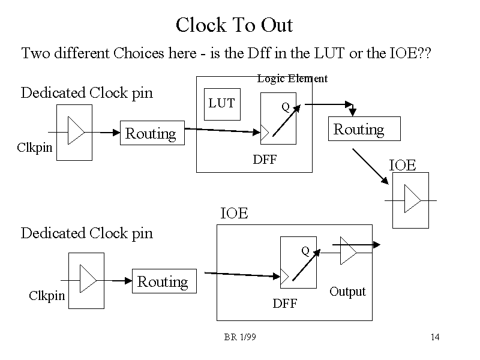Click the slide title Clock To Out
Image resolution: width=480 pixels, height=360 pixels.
pyautogui.click(x=234, y=25)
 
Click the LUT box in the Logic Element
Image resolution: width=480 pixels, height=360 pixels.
pyautogui.click(x=221, y=104)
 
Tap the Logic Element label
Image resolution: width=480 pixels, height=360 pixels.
pyautogui.click(x=292, y=79)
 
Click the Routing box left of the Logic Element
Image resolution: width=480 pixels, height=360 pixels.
pyautogui.click(x=151, y=133)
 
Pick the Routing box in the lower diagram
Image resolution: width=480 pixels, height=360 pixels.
pyautogui.click(x=163, y=281)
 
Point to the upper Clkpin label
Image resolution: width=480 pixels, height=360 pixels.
pyautogui.click(x=35, y=147)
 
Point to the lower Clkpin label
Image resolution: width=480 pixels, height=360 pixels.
pyautogui.click(x=47, y=295)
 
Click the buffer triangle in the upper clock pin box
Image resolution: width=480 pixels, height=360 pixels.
pyautogui.click(x=76, y=131)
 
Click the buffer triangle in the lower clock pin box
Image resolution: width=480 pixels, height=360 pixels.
pyautogui.click(x=88, y=280)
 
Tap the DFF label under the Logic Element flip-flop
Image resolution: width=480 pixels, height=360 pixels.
pyautogui.click(x=265, y=160)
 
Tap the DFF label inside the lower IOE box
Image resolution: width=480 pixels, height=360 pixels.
pyautogui.click(x=285, y=304)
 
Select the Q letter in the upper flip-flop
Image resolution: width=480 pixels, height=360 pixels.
pyautogui.click(x=286, y=107)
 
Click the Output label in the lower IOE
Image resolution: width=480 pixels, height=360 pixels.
pyautogui.click(x=347, y=292)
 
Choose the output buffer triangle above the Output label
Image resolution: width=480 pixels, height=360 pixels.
pyautogui.click(x=348, y=250)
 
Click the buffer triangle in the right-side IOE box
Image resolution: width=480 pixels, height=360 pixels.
pyautogui.click(x=412, y=199)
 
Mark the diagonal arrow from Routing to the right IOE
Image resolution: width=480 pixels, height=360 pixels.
pyautogui.click(x=370, y=166)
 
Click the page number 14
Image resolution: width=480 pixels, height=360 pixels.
pyautogui.click(x=435, y=337)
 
